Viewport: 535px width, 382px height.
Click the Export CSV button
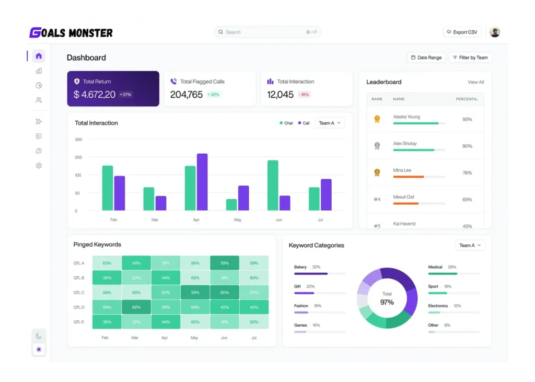(462, 32)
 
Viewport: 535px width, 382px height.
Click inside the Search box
(267, 32)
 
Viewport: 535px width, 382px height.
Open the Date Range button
(426, 57)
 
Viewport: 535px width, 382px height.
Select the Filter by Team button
(470, 57)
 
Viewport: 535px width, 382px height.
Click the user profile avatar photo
(494, 32)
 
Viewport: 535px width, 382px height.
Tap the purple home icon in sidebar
(39, 56)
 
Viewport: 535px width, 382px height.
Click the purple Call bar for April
(202, 182)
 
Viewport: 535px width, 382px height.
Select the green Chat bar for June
(273, 185)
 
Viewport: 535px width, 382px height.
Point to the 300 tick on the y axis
(78, 140)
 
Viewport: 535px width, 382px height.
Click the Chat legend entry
(286, 123)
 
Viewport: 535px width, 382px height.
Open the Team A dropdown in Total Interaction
(330, 123)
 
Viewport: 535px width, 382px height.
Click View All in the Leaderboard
(475, 82)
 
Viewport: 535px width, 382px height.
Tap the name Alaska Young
(406, 117)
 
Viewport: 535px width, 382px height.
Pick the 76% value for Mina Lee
(467, 173)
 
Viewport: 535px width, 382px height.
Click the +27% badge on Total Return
(125, 95)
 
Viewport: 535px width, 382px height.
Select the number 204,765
(186, 95)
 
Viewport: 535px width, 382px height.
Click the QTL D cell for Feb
(107, 307)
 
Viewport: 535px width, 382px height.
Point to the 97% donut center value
(387, 302)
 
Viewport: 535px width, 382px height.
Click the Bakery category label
(300, 267)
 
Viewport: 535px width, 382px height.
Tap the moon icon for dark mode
(39, 336)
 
